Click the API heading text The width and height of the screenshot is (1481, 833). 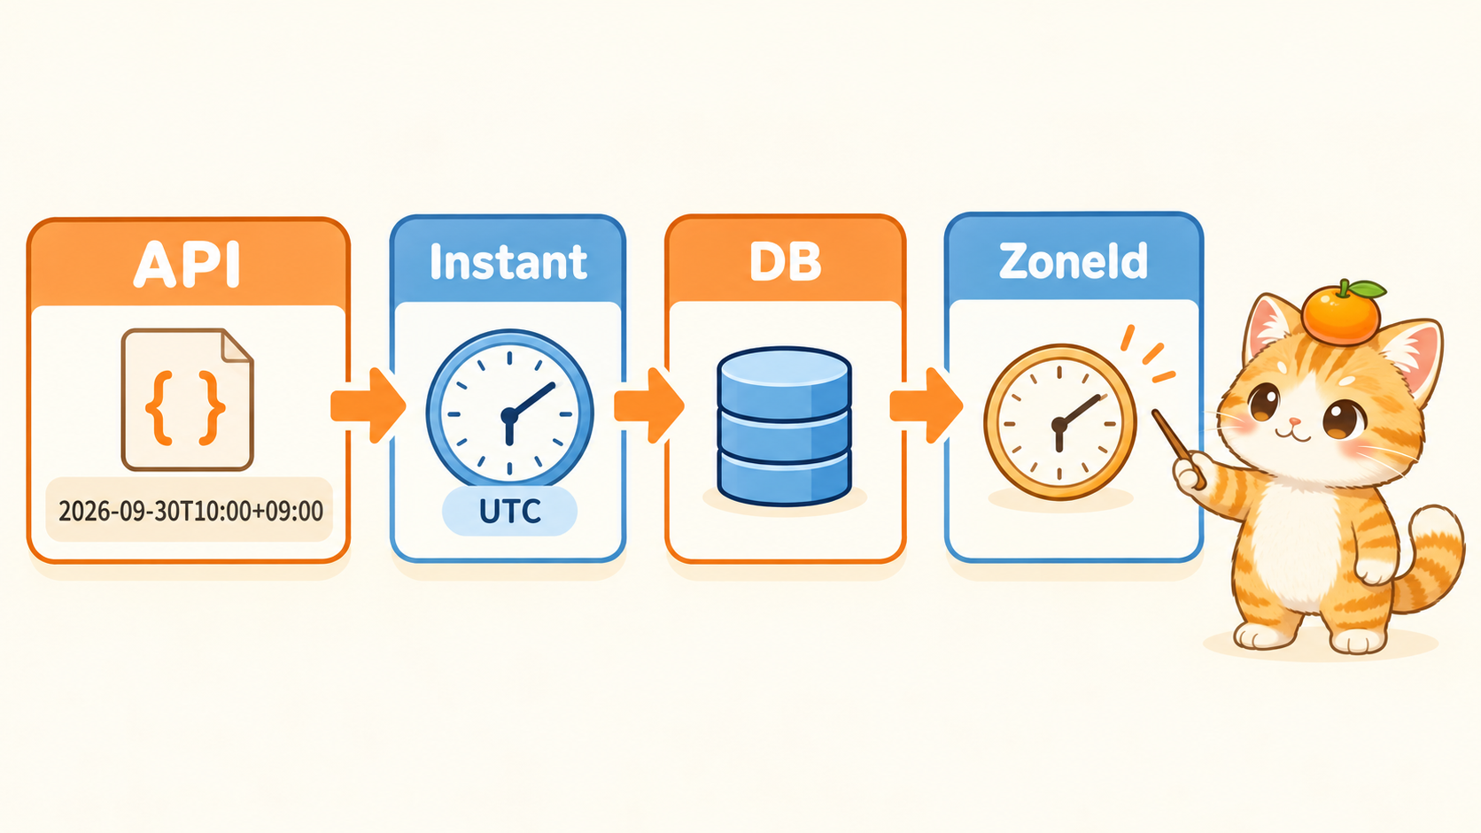coord(187,264)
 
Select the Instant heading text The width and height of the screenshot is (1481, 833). coord(508,262)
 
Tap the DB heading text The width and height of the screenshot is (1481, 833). coord(785,262)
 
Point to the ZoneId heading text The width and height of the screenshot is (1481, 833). coord(1073,261)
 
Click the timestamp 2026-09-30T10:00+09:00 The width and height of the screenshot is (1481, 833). coord(190,512)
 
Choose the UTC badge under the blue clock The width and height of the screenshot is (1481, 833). coord(509,512)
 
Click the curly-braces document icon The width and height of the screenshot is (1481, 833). coord(187,399)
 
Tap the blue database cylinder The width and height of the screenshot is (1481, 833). coord(784,426)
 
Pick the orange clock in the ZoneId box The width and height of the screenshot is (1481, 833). coord(1060,421)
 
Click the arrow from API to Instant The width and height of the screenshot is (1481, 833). coord(368,405)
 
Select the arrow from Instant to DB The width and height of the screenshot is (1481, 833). coord(648,405)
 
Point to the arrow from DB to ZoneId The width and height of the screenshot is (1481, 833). coord(926,405)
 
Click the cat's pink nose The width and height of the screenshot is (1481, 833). coord(1295,420)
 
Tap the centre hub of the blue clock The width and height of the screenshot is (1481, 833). coord(509,415)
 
